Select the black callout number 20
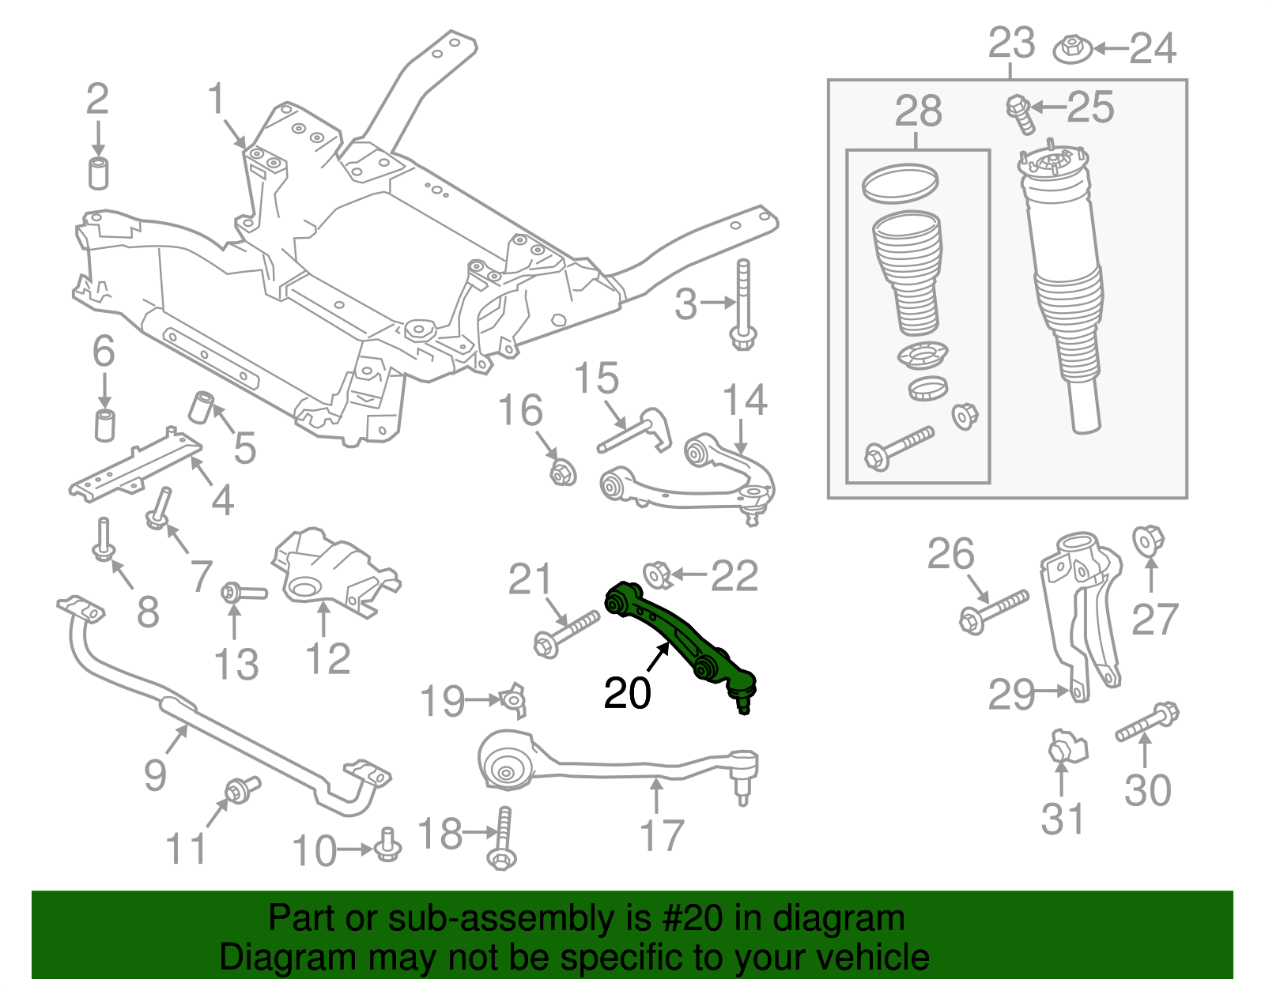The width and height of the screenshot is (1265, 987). click(x=627, y=693)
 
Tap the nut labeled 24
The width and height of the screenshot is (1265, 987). click(x=1073, y=50)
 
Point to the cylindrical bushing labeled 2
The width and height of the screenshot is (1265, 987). click(x=98, y=173)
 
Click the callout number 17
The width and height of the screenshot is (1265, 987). click(x=661, y=835)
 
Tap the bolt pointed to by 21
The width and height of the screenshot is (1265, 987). click(x=566, y=634)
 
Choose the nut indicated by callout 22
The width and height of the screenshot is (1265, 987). click(x=658, y=574)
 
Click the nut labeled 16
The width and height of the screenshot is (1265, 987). click(x=561, y=473)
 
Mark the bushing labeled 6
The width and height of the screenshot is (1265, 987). click(x=104, y=424)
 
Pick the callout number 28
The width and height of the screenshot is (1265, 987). click(x=918, y=111)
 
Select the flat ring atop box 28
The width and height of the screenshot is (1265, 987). click(x=900, y=183)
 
